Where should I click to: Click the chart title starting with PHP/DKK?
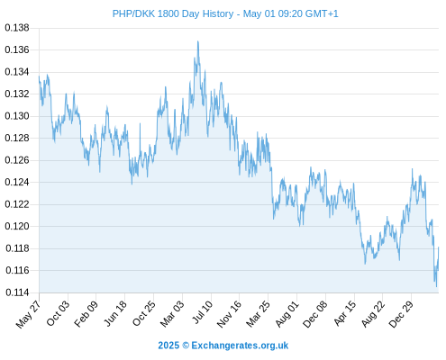225,13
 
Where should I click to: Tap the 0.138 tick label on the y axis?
17,28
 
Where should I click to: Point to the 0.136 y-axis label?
17,49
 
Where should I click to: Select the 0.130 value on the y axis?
17,116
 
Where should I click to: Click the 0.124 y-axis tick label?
17,182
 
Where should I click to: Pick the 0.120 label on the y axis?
17,226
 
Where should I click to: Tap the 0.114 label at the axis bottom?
17,292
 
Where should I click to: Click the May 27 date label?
28,314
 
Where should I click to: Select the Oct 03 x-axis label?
58,313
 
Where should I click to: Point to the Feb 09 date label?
86,313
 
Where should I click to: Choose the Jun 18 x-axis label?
115,313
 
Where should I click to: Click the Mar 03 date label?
172,313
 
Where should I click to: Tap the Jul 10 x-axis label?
203,312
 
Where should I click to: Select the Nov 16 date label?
229,314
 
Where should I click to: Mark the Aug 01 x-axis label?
287,313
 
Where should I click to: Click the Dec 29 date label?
401,314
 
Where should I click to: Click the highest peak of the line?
198,41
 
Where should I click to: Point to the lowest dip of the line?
436,286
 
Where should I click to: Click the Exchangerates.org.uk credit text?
240,346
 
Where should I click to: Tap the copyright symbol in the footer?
186,346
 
